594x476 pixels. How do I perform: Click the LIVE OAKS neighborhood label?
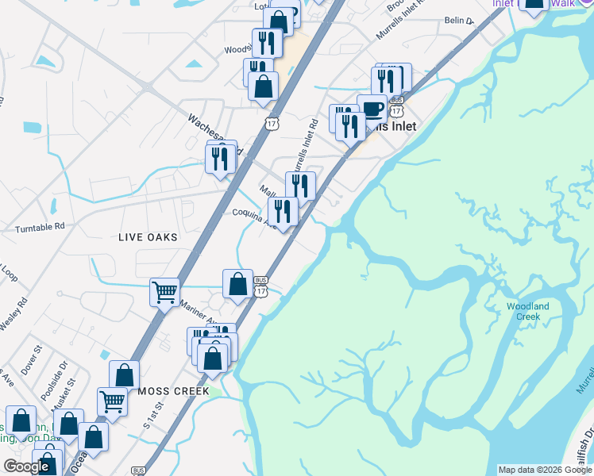click(x=148, y=237)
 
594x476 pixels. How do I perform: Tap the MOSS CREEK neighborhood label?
click(x=173, y=391)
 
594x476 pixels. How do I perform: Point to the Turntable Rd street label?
click(x=39, y=228)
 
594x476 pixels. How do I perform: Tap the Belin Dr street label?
click(x=458, y=21)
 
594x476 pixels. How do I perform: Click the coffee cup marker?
click(x=372, y=109)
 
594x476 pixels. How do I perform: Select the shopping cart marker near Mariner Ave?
click(x=165, y=292)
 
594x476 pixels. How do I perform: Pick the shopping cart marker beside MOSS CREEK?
click(x=113, y=401)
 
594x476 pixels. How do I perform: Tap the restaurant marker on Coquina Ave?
click(x=283, y=211)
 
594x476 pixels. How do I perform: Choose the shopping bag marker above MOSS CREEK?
click(x=125, y=374)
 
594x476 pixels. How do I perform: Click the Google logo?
click(x=25, y=466)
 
